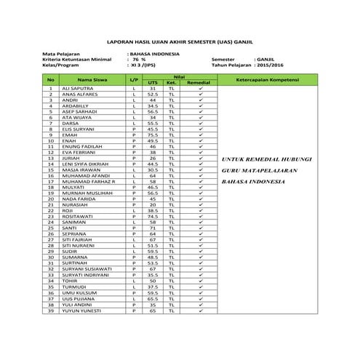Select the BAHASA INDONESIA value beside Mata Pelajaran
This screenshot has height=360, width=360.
point(155,54)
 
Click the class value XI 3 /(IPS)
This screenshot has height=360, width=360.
point(144,65)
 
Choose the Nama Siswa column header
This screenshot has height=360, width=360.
point(92,79)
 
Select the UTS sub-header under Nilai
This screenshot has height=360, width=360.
point(153,83)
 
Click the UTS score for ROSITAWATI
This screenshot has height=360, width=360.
point(153,217)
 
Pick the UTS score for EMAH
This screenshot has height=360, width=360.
point(153,135)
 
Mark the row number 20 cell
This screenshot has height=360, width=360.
point(51,199)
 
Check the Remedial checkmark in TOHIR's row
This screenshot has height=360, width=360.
point(199,281)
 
